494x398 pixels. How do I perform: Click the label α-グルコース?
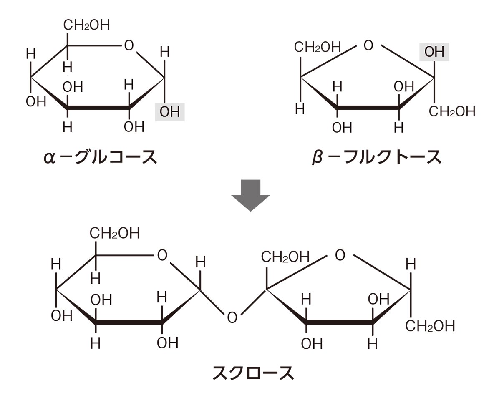click(100, 157)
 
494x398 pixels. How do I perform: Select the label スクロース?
click(253, 372)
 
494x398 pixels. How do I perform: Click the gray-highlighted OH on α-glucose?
click(170, 112)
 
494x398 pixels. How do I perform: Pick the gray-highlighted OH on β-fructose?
click(434, 53)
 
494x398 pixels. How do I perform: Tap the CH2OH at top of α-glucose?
click(87, 25)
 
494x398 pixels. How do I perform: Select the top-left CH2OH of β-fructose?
click(318, 47)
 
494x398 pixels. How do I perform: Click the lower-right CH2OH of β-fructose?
click(452, 112)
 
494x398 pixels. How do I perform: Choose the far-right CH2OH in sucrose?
click(430, 326)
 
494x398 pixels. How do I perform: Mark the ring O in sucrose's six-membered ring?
click(162, 255)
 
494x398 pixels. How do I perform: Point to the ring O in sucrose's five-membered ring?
click(340, 255)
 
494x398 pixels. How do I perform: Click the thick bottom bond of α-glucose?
click(98, 108)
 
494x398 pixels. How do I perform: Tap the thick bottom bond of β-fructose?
click(368, 108)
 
